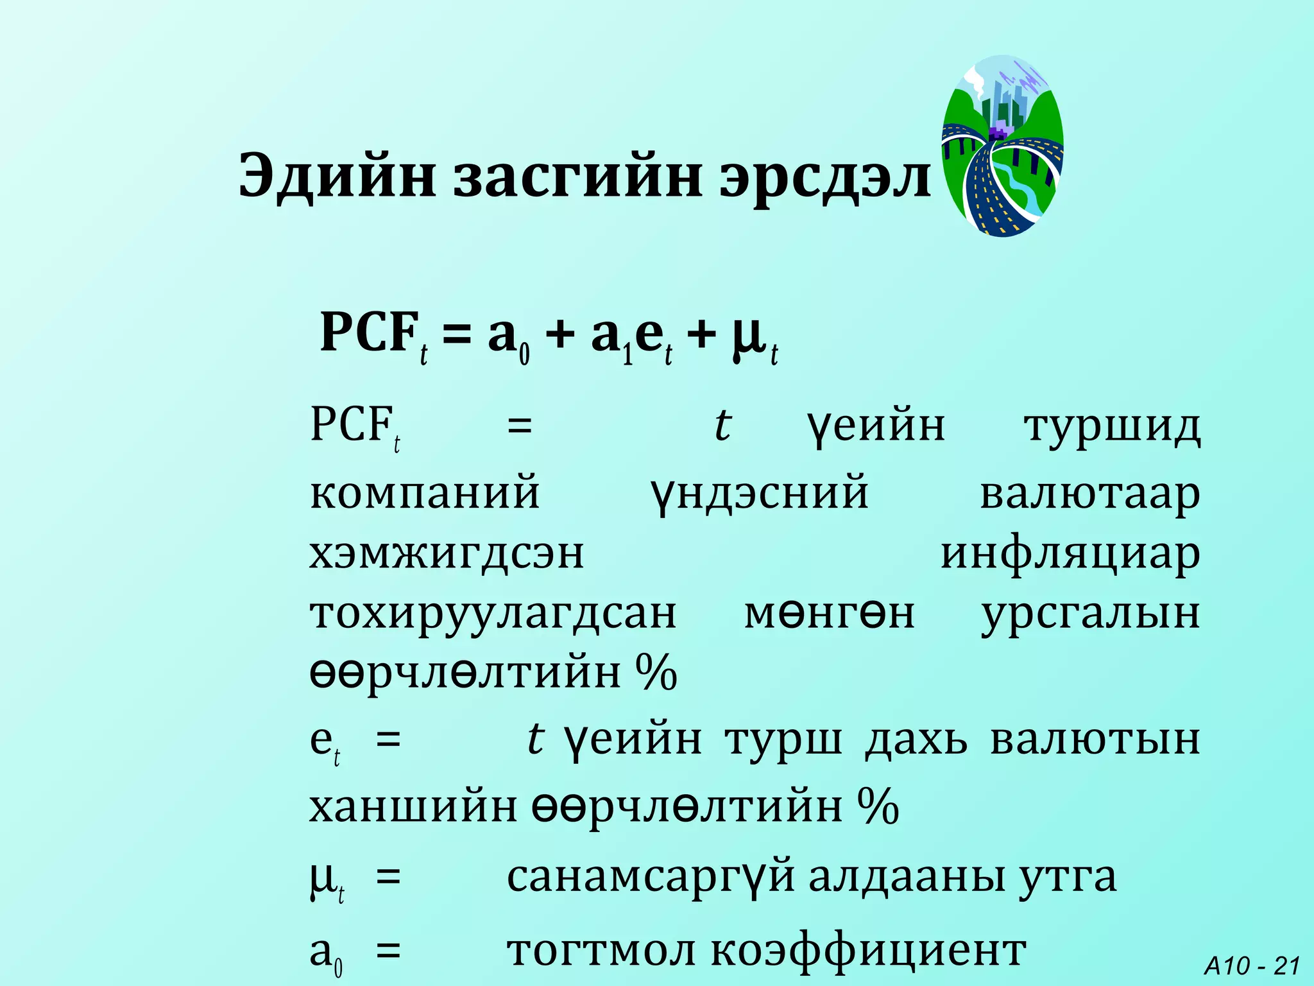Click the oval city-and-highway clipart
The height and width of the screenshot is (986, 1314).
tap(1002, 146)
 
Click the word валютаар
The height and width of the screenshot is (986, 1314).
tap(1089, 494)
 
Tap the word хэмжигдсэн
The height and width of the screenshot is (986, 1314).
tap(447, 553)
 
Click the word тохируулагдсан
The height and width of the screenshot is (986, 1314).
tap(493, 614)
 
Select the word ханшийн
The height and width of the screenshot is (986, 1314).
tap(413, 807)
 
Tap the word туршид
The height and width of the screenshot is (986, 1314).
tap(1112, 426)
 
